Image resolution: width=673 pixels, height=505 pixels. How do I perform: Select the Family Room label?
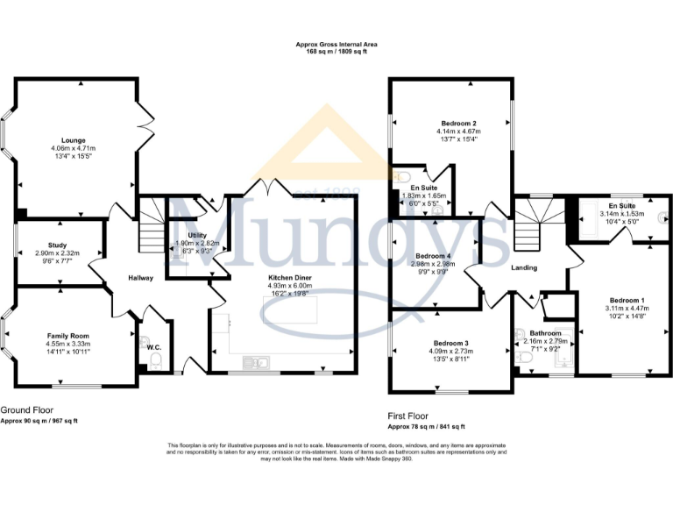coord(67,336)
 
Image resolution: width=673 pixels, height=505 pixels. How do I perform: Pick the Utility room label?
coord(195,235)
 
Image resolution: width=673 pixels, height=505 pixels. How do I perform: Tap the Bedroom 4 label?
coord(435,255)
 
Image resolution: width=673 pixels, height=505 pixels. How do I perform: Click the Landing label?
coord(525,267)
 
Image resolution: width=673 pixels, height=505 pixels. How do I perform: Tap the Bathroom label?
coord(545,333)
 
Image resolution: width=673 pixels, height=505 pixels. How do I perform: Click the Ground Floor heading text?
coord(25,409)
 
